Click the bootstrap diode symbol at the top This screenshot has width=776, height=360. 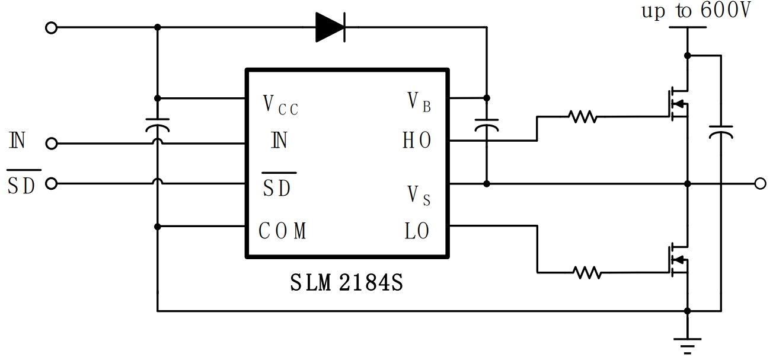coord(330,27)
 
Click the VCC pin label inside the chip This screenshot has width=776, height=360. coord(280,104)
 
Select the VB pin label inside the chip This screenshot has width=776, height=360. coord(419,102)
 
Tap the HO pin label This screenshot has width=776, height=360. coord(417,141)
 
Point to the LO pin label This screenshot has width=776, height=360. coord(417,231)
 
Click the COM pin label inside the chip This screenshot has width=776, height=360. coord(283,231)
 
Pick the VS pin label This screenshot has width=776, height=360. coord(419,195)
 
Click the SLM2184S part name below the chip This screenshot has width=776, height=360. coord(347,282)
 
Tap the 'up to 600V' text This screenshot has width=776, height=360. coord(696,12)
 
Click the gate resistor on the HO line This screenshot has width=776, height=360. coord(583,117)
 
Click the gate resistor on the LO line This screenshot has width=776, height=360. coord(587,273)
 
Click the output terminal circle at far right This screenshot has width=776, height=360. coord(760,184)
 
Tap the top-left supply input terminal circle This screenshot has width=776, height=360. coord(52,27)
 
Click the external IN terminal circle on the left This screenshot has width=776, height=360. coord(52,143)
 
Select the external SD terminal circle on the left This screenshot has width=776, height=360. coord(52,184)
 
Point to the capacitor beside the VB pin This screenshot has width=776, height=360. coord(487,126)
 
